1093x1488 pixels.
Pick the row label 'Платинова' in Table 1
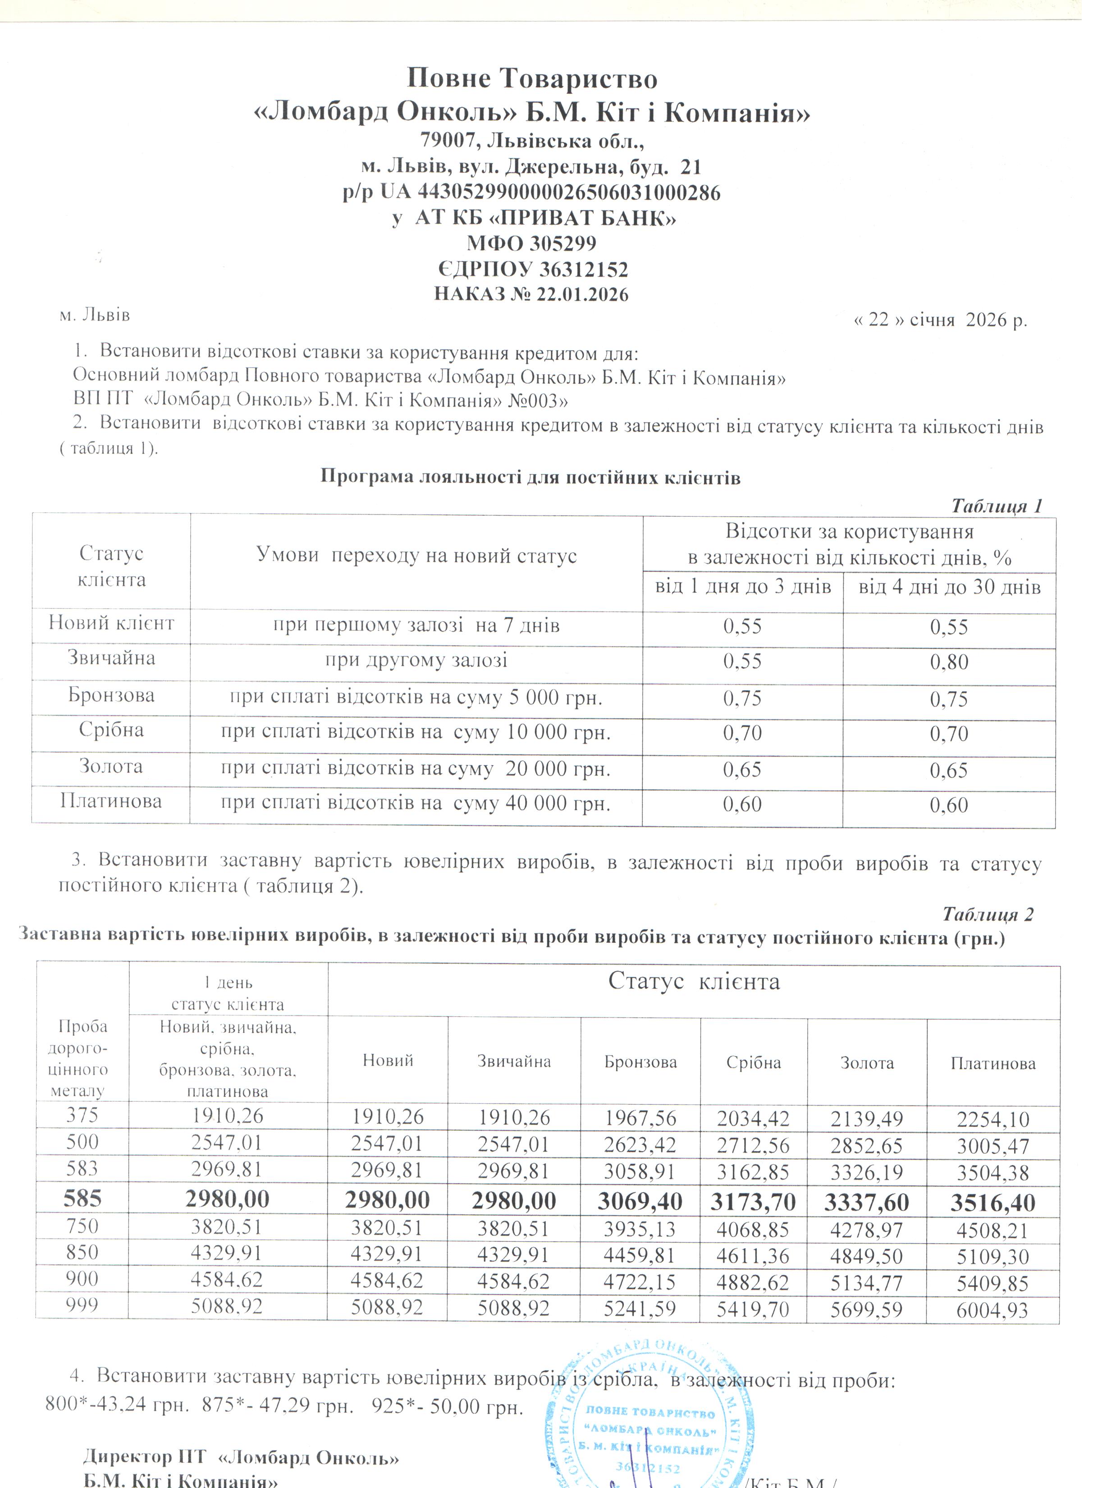coord(111,802)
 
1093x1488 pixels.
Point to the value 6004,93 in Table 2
coord(992,1310)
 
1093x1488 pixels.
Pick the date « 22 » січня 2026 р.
coord(940,320)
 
